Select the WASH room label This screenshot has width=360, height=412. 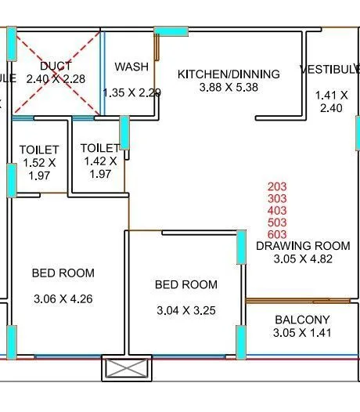[x=131, y=67]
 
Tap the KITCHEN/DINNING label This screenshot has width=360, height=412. [x=229, y=74]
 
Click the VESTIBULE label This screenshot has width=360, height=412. [x=329, y=70]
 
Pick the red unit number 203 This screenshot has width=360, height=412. [x=278, y=186]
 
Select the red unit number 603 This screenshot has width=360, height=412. [x=278, y=233]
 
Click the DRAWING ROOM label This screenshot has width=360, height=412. [x=303, y=245]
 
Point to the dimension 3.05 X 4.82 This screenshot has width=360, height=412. [x=303, y=258]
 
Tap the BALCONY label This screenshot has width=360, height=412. [x=302, y=320]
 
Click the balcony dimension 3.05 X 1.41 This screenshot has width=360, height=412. [x=302, y=333]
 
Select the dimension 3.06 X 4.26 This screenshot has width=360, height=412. [x=63, y=298]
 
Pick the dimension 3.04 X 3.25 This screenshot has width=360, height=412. [x=186, y=310]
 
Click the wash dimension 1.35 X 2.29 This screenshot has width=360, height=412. [x=131, y=92]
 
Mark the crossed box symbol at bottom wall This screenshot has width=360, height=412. [x=126, y=368]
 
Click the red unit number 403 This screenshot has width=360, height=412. [x=278, y=210]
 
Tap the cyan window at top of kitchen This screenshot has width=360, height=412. [x=171, y=31]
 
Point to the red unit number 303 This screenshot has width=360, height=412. [x=278, y=198]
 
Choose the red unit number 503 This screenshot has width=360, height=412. [x=278, y=222]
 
